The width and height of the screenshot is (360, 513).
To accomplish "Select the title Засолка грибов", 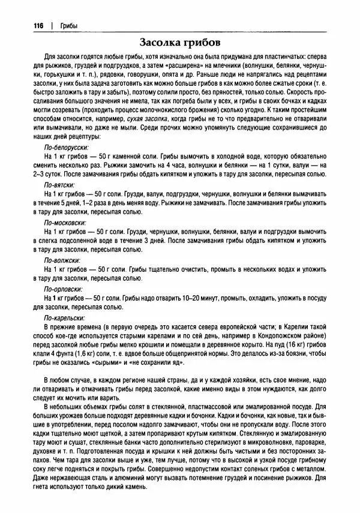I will click(x=180, y=43).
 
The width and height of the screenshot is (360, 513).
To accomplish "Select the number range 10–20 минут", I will click(x=203, y=298).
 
